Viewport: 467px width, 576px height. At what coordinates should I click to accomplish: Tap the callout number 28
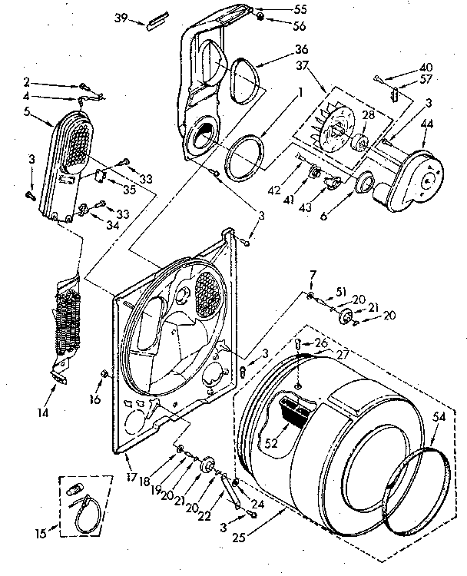click(x=368, y=115)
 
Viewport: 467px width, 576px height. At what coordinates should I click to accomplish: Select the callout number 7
click(x=313, y=275)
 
